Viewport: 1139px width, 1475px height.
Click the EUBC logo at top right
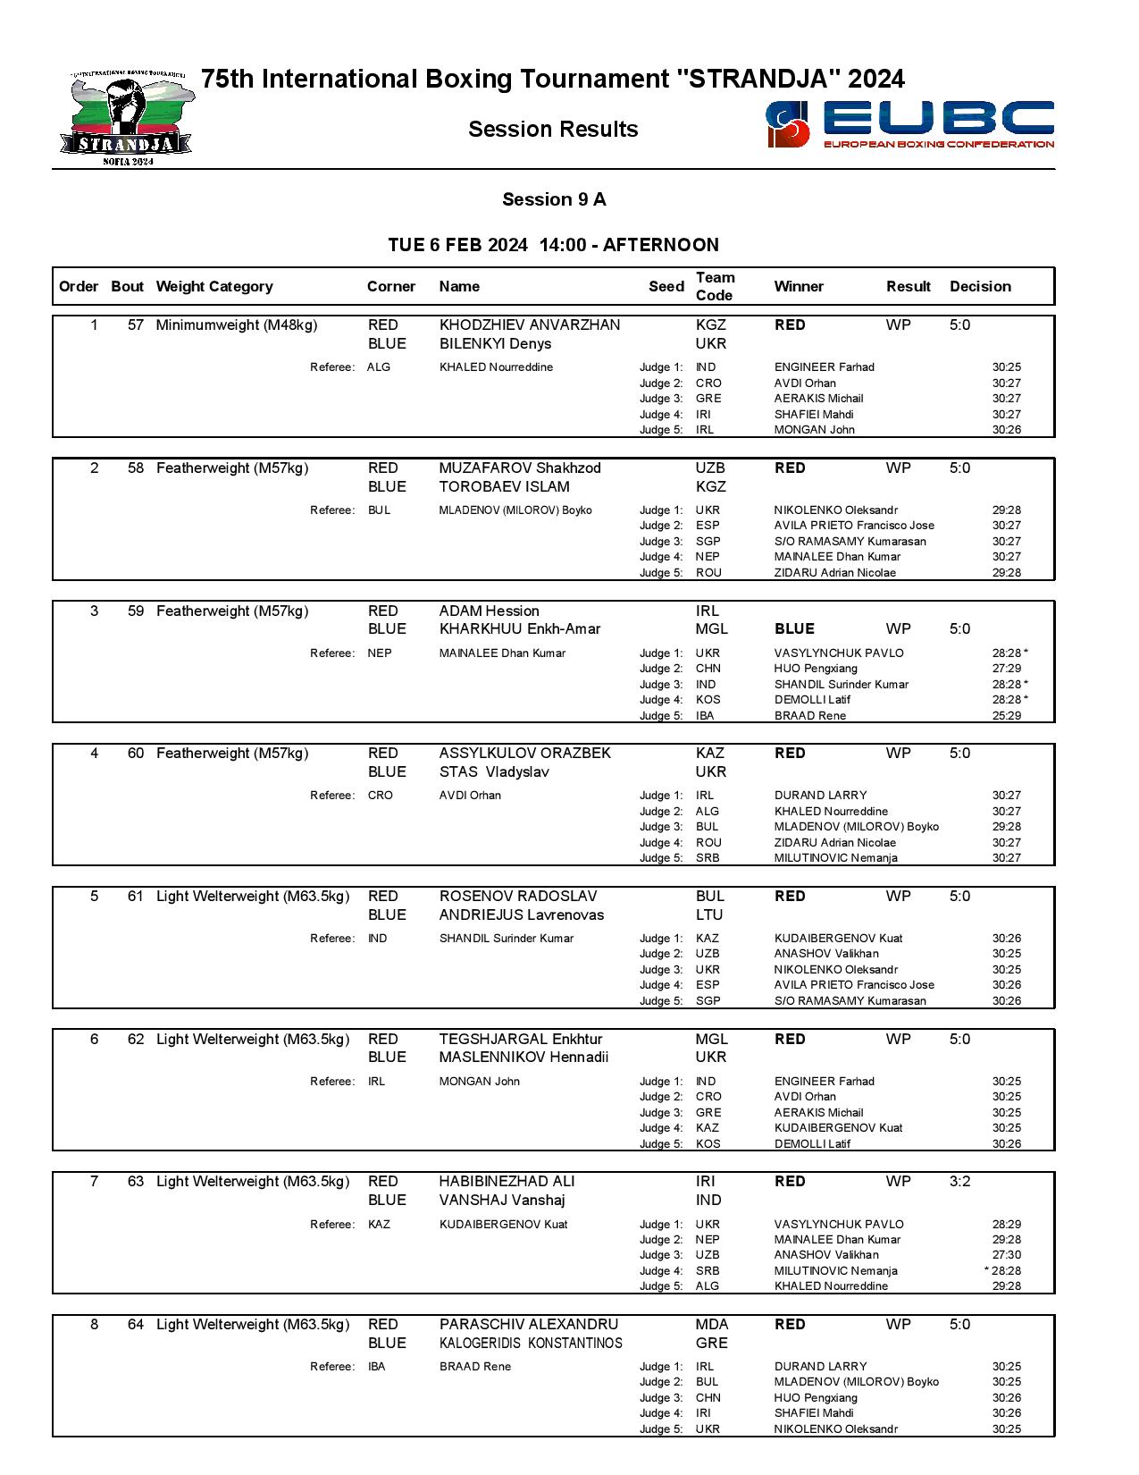[x=909, y=124]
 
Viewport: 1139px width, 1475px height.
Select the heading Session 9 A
[x=554, y=199]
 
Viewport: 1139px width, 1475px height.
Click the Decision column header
[x=980, y=287]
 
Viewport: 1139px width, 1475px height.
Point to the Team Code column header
[x=715, y=287]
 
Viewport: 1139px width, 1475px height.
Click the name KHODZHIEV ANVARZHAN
[x=529, y=325]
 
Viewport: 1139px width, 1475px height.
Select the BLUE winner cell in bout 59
[x=794, y=629]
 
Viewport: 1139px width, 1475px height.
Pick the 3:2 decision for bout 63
[x=959, y=1182]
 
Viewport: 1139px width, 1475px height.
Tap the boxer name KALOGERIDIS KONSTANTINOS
[x=531, y=1344]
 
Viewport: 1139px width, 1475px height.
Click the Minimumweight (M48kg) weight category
[x=237, y=325]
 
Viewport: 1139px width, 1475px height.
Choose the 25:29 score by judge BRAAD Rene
[x=1006, y=716]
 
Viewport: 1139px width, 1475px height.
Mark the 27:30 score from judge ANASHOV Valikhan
[x=1006, y=1255]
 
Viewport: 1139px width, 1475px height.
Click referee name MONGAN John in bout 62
[x=479, y=1082]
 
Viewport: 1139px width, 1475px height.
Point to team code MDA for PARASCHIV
[x=711, y=1325]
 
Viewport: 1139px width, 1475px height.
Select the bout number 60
[x=135, y=754]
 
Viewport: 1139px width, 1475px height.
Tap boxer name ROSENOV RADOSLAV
[x=518, y=897]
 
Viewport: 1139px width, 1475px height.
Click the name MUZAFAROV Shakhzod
[x=520, y=468]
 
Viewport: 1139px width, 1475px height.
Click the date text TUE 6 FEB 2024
[x=457, y=246]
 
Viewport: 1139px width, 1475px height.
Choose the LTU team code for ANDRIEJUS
[x=709, y=915]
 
